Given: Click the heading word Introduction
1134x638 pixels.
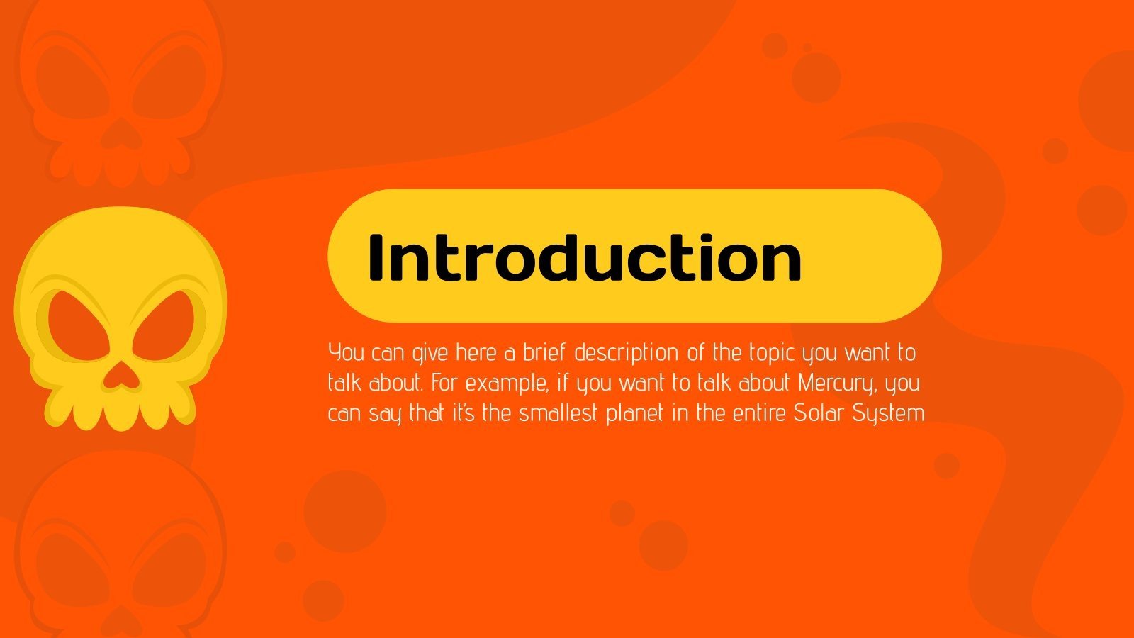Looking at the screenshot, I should pyautogui.click(x=585, y=257).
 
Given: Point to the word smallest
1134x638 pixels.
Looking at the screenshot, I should pyautogui.click(x=559, y=413).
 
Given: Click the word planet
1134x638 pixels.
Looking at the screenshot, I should pyautogui.click(x=635, y=414).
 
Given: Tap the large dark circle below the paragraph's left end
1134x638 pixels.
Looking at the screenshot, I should pyautogui.click(x=345, y=510).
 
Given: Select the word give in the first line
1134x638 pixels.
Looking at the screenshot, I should pyautogui.click(x=430, y=353).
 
